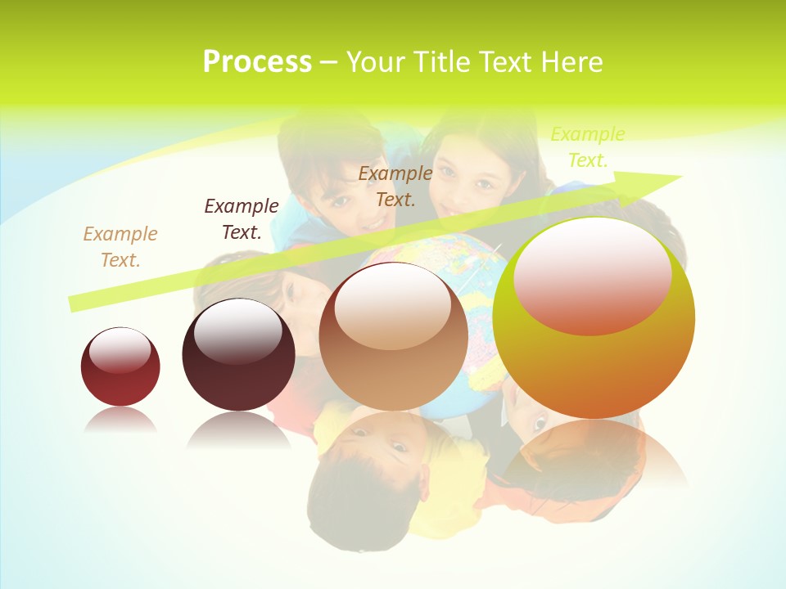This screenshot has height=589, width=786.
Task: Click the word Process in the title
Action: coord(257,62)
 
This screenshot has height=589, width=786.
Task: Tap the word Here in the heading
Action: coord(571,62)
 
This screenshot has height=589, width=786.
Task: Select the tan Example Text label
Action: coord(120,247)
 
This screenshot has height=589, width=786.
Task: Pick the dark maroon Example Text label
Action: coord(241,219)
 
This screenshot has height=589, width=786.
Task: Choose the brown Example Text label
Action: coord(395,187)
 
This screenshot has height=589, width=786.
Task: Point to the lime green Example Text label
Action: coord(587,147)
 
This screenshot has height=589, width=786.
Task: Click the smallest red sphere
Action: coord(120,380)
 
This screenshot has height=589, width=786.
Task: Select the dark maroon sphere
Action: coord(238,376)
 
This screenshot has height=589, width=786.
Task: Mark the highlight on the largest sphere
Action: coord(593,274)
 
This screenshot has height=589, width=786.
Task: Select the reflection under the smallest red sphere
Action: coord(120,420)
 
